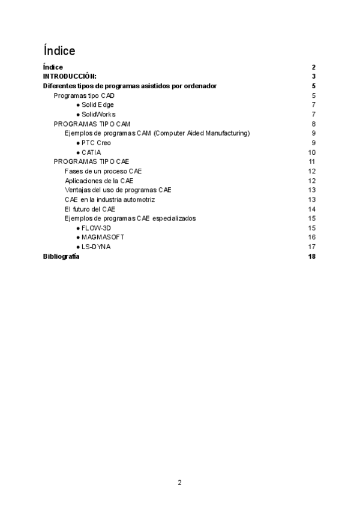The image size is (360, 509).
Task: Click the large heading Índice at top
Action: point(59,50)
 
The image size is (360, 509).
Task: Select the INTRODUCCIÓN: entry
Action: point(70,76)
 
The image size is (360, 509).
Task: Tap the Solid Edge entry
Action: point(98,104)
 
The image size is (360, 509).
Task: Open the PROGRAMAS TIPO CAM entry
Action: point(92,124)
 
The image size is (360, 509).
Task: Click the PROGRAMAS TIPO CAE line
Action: point(91,161)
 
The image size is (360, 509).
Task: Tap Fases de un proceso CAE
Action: point(103,171)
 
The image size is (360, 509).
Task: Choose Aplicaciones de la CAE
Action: point(99,181)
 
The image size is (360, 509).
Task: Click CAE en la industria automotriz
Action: point(110,199)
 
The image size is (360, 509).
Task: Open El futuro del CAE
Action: point(90,209)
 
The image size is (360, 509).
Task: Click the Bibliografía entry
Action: point(61,256)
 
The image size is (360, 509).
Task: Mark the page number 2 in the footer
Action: point(179,482)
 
